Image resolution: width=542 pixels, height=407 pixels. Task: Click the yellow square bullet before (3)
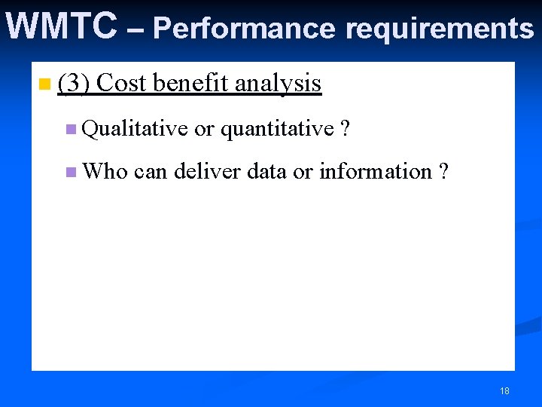click(x=46, y=84)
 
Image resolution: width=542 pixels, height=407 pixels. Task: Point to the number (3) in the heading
click(x=74, y=84)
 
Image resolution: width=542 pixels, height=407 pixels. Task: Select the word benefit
click(x=190, y=84)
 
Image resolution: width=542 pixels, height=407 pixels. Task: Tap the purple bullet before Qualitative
click(x=71, y=130)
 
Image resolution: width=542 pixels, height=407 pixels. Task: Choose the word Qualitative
click(x=135, y=130)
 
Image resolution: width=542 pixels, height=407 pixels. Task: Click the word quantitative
click(x=276, y=130)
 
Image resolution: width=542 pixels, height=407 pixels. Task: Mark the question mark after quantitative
click(x=345, y=130)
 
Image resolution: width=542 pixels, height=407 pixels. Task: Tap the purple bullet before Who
click(x=71, y=173)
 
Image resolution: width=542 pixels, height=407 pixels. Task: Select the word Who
click(x=105, y=172)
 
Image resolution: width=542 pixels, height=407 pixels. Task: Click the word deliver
click(x=207, y=172)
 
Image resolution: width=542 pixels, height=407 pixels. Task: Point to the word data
click(x=266, y=172)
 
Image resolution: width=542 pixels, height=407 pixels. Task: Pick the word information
click(x=375, y=172)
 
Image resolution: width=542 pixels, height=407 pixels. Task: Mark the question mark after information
click(x=443, y=172)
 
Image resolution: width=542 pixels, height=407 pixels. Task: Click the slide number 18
click(x=504, y=390)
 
